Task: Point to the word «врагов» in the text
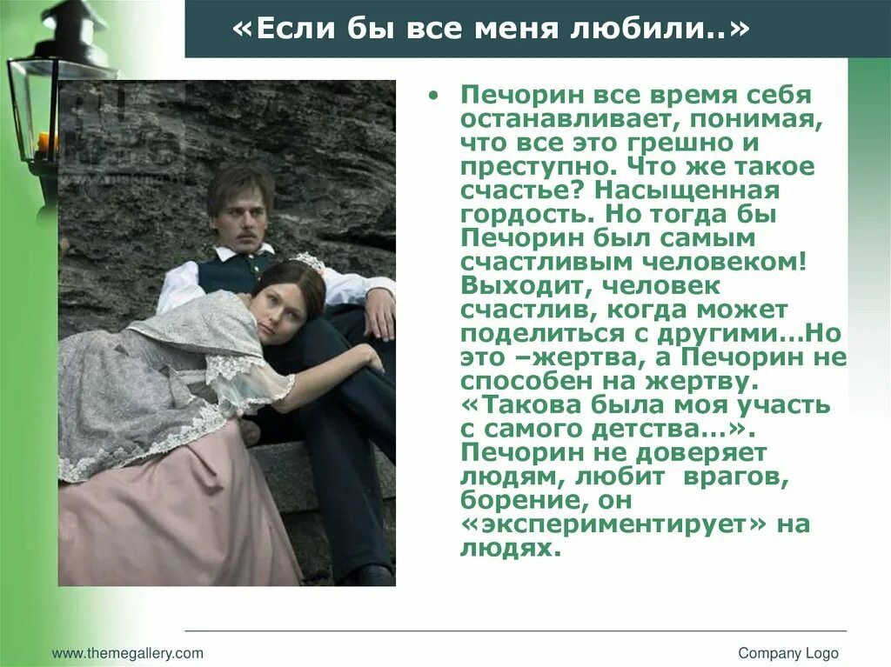[x=723, y=477]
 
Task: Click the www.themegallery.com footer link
[x=128, y=653]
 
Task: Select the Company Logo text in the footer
[x=788, y=653]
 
